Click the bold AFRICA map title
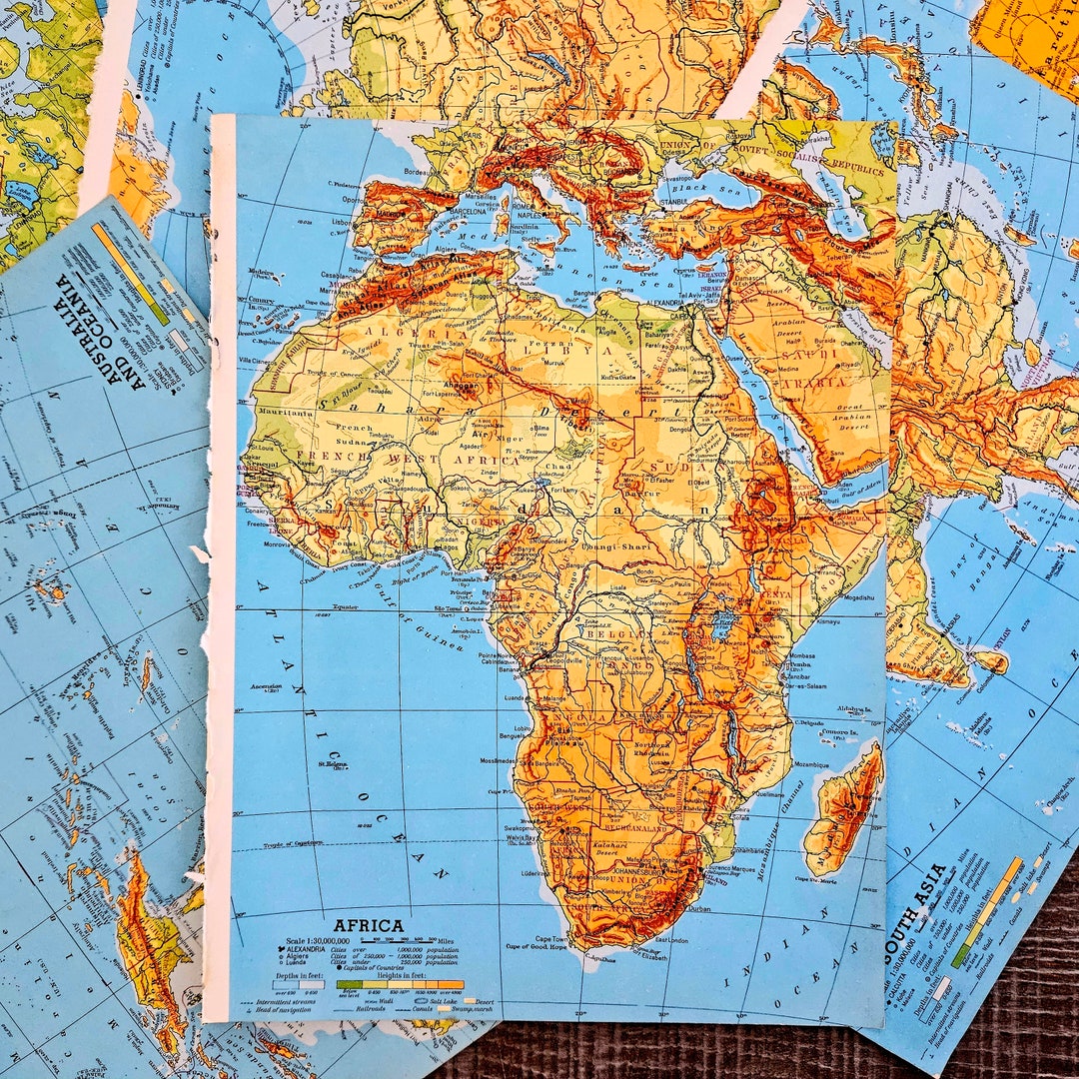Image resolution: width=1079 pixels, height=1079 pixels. click(x=369, y=925)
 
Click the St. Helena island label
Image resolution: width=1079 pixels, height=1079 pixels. click(x=332, y=765)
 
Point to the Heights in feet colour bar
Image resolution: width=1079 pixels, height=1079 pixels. click(x=400, y=984)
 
